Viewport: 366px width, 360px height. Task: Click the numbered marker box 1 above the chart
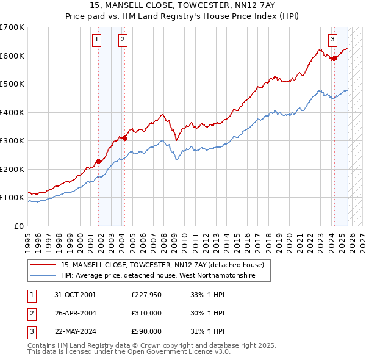tap(96, 40)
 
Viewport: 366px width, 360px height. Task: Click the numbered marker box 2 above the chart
tap(123, 40)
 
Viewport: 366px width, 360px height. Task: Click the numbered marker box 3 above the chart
tap(332, 40)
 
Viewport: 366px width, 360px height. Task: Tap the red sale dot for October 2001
tap(98, 161)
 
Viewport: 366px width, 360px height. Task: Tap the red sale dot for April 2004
tap(124, 138)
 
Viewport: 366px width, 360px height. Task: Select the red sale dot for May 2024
tap(334, 59)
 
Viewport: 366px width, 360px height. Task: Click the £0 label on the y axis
tap(18, 226)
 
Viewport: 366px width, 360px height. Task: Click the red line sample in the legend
tap(42, 265)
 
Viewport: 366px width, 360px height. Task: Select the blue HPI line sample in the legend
tap(42, 276)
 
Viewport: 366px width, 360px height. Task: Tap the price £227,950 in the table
tap(146, 295)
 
